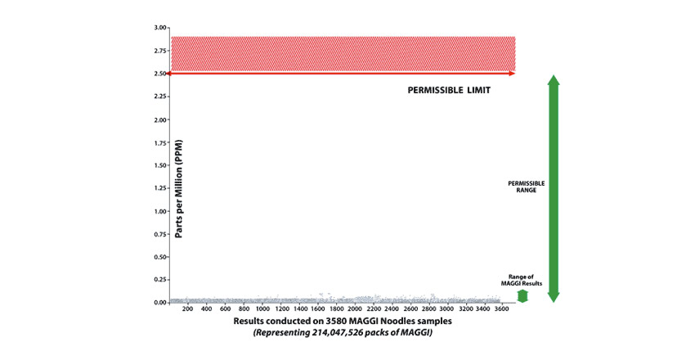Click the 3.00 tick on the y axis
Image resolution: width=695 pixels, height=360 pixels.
158,28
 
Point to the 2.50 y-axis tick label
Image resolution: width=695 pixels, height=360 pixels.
158,74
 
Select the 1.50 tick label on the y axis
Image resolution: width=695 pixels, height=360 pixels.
158,165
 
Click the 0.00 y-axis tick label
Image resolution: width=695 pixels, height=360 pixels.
158,303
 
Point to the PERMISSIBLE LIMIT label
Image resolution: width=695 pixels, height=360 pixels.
449,90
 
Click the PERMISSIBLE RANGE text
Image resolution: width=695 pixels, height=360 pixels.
526,187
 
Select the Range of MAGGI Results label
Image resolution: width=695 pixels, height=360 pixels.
522,281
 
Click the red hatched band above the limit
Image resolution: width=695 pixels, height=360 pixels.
343,53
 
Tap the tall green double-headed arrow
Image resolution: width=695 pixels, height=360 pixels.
554,188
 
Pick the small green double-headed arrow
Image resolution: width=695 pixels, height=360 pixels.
522,296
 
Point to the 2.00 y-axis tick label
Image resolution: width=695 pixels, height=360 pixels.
158,119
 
